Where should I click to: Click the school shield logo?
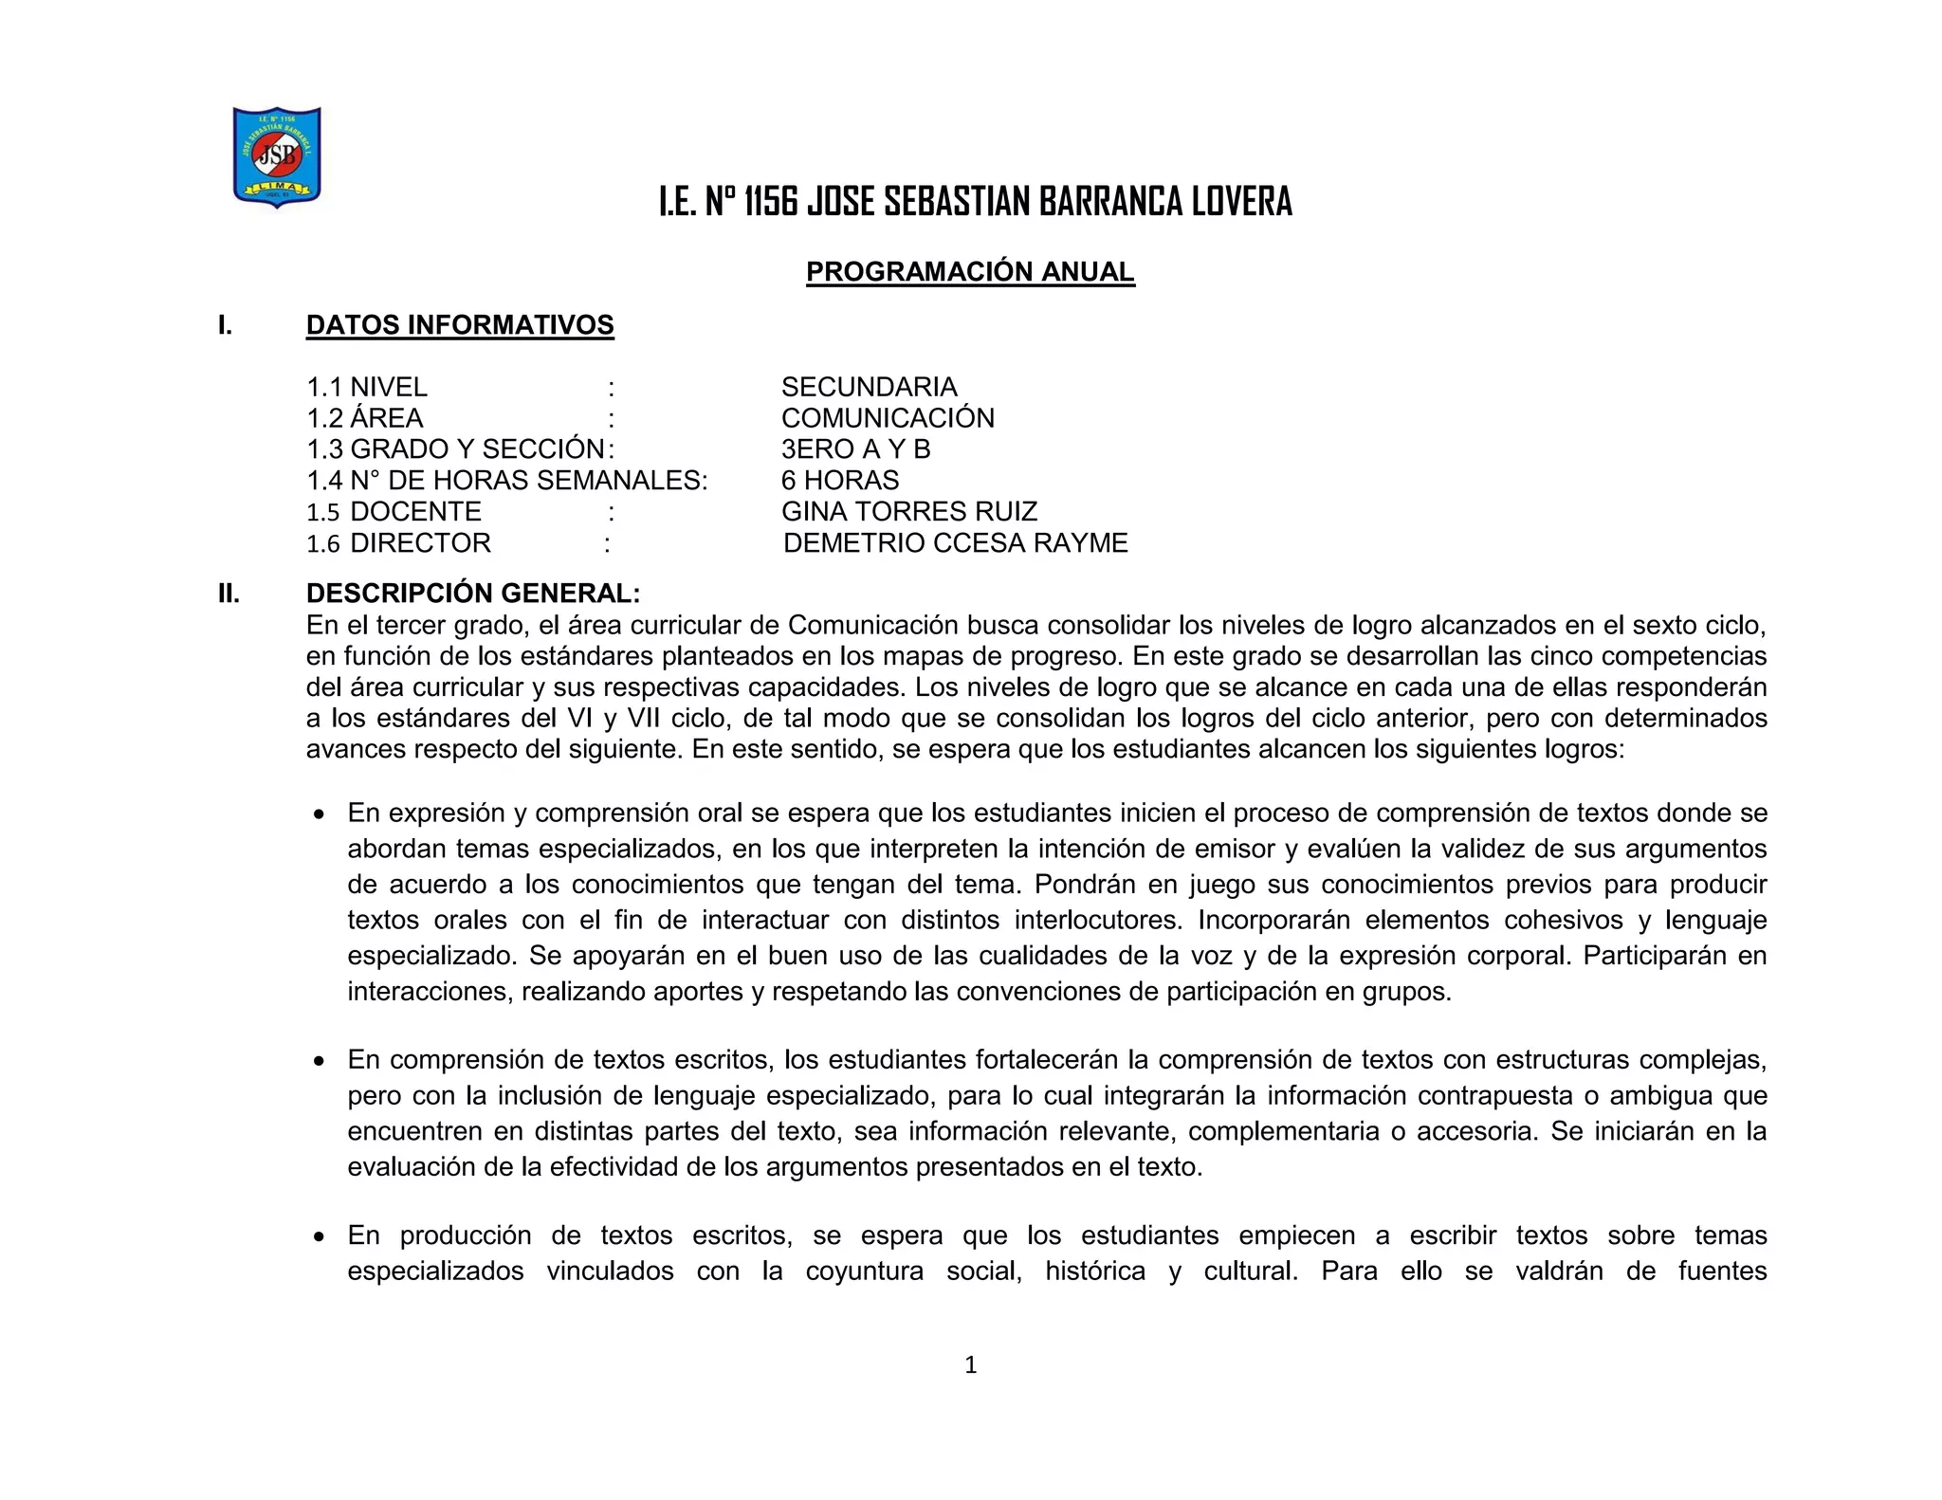pyautogui.click(x=277, y=156)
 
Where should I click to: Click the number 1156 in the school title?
pyautogui.click(x=770, y=202)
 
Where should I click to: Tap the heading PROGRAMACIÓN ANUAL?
pyautogui.click(x=970, y=272)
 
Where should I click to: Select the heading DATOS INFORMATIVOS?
pyautogui.click(x=460, y=325)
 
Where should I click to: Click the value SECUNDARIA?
pyautogui.click(x=869, y=387)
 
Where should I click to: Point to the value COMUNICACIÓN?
pyautogui.click(x=888, y=418)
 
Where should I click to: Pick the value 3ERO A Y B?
pyautogui.click(x=855, y=449)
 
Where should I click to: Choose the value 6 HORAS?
pyautogui.click(x=840, y=481)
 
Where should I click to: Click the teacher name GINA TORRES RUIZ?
pyautogui.click(x=909, y=512)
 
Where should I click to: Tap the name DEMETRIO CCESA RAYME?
pyautogui.click(x=956, y=543)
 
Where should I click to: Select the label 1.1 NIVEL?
pyautogui.click(x=367, y=387)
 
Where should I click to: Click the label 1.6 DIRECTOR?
pyautogui.click(x=399, y=543)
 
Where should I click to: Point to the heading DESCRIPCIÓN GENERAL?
pyautogui.click(x=473, y=594)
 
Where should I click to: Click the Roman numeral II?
pyautogui.click(x=228, y=594)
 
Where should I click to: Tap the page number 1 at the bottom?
pyautogui.click(x=970, y=1364)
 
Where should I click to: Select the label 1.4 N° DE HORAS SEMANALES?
pyautogui.click(x=506, y=481)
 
